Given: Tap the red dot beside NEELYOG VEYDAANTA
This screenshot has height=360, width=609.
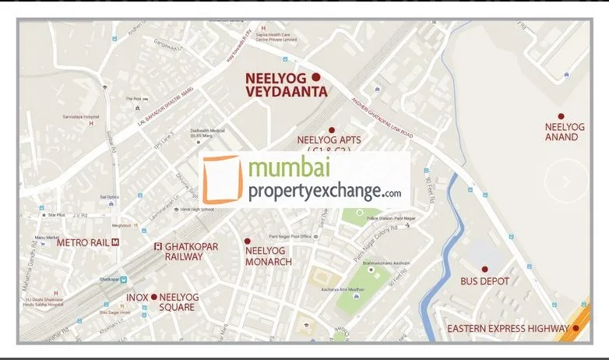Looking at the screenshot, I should pos(315,76).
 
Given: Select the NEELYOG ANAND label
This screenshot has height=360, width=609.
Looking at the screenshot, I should pos(561,132).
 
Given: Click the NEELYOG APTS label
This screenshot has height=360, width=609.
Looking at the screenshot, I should pos(329,141).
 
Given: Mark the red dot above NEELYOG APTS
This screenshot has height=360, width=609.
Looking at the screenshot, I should pos(331,130).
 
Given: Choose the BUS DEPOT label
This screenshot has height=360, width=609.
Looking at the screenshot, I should pos(484,281).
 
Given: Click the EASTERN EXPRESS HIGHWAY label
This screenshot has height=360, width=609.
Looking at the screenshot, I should pos(508,329).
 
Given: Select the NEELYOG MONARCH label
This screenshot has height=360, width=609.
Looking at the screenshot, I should pos(268,256).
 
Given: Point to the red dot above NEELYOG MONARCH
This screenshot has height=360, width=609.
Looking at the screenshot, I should pos(248,242).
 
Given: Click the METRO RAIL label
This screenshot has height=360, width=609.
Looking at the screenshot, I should pos(83,242).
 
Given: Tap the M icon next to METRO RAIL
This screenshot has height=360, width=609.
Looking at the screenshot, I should pos(115,242).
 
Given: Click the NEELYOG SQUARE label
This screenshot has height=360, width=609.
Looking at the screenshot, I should pos(179,302).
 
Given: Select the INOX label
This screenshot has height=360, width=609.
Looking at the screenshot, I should pos(137,297).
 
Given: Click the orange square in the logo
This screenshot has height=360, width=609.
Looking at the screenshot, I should pos(221,180).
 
